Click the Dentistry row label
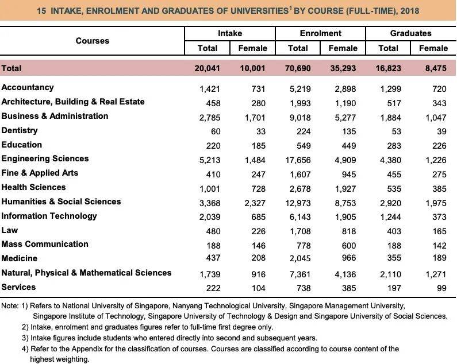[x=20, y=130]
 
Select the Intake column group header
[x=230, y=33]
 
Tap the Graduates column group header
[x=410, y=33]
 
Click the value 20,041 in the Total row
[x=208, y=68]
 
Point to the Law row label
[x=10, y=230]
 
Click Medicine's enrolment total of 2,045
[x=299, y=259]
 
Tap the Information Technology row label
[x=49, y=216]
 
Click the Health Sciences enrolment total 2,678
[x=299, y=188]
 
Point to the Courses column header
[x=92, y=41]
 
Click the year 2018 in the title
[x=409, y=10]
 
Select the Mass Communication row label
[x=45, y=244]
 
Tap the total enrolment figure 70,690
[x=298, y=68]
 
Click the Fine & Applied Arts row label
[x=40, y=173]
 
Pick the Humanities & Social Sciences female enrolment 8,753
[x=345, y=202]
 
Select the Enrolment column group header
[x=320, y=33]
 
